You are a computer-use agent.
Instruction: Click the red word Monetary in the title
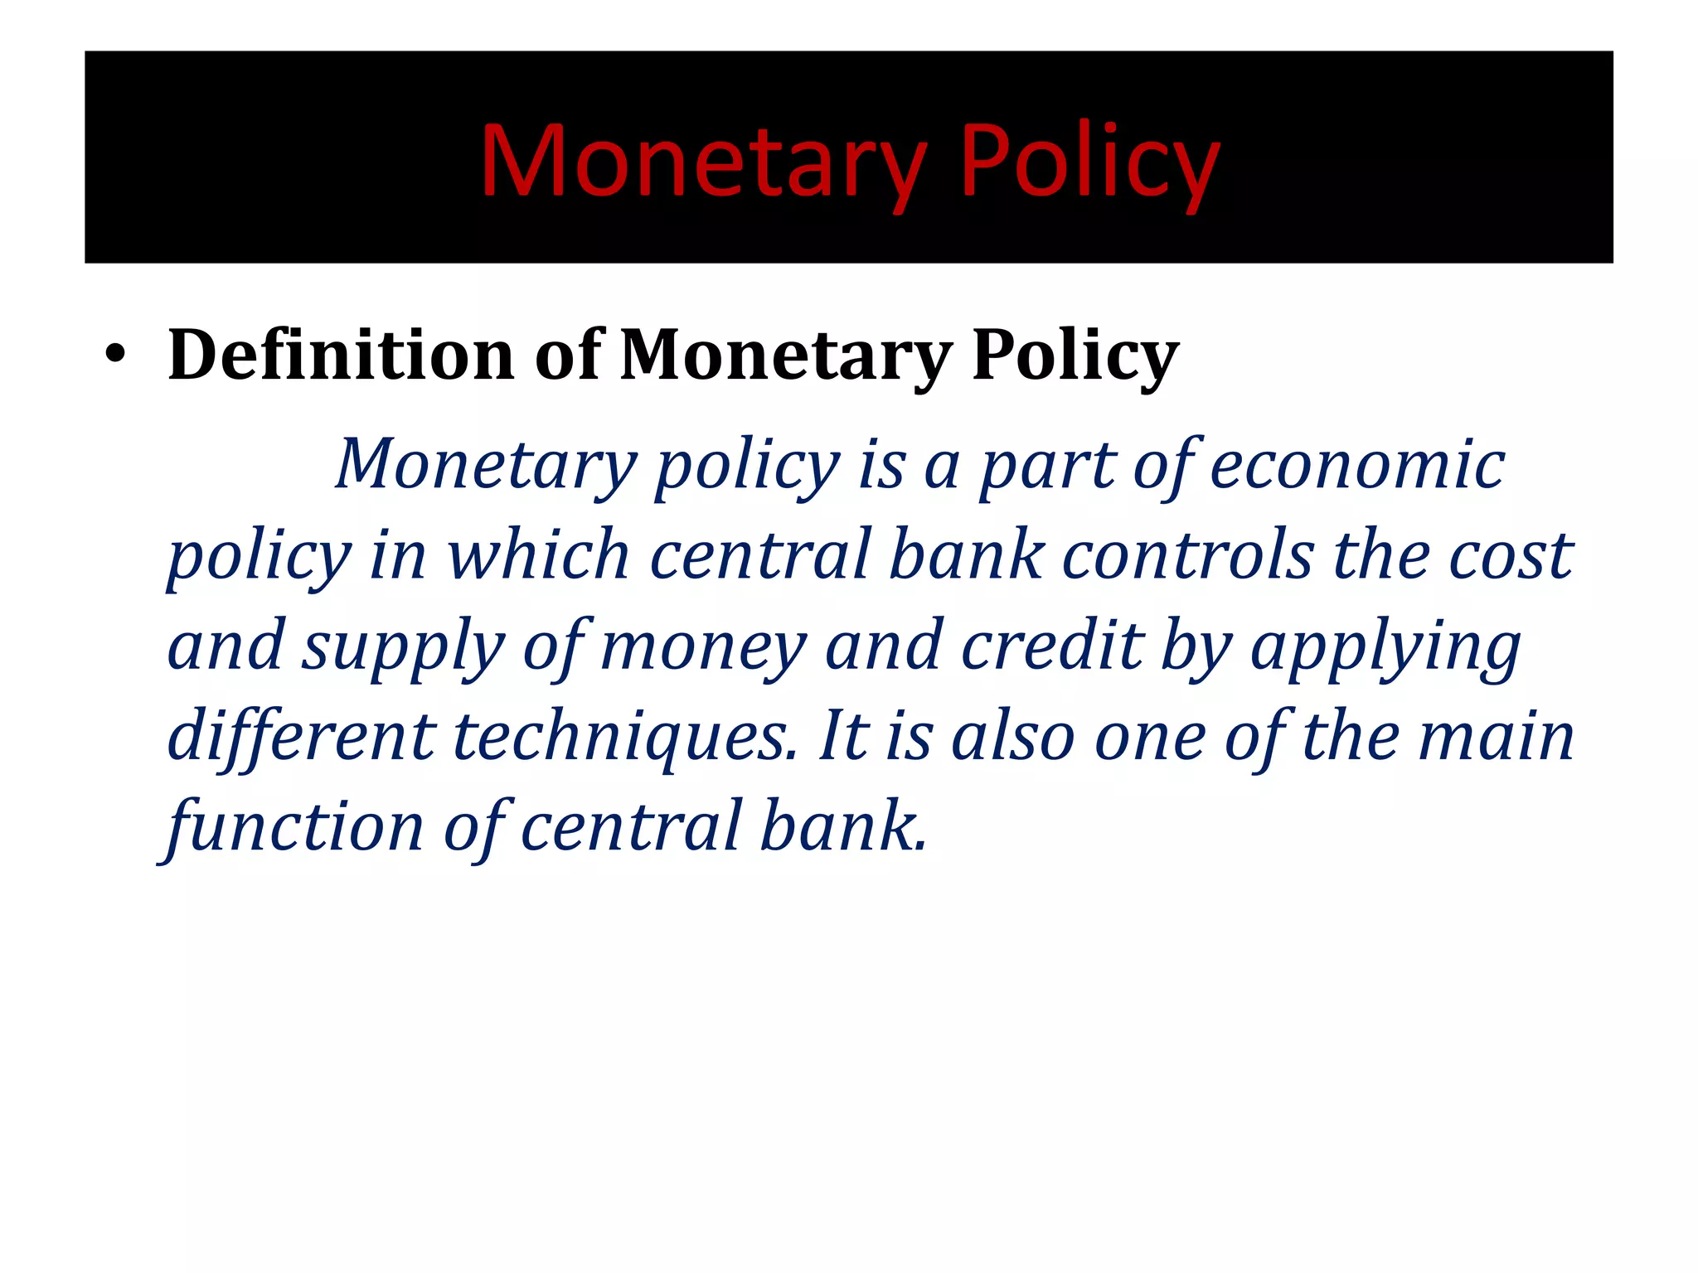[x=702, y=162]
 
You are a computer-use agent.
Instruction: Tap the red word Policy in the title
[x=1089, y=162]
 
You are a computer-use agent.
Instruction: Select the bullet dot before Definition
[x=115, y=357]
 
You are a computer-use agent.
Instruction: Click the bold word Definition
[x=341, y=355]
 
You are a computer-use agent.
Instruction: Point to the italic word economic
[x=1357, y=465]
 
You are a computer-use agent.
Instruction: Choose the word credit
[x=1053, y=646]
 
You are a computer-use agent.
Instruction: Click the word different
[x=301, y=736]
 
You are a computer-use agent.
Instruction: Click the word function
[x=295, y=827]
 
